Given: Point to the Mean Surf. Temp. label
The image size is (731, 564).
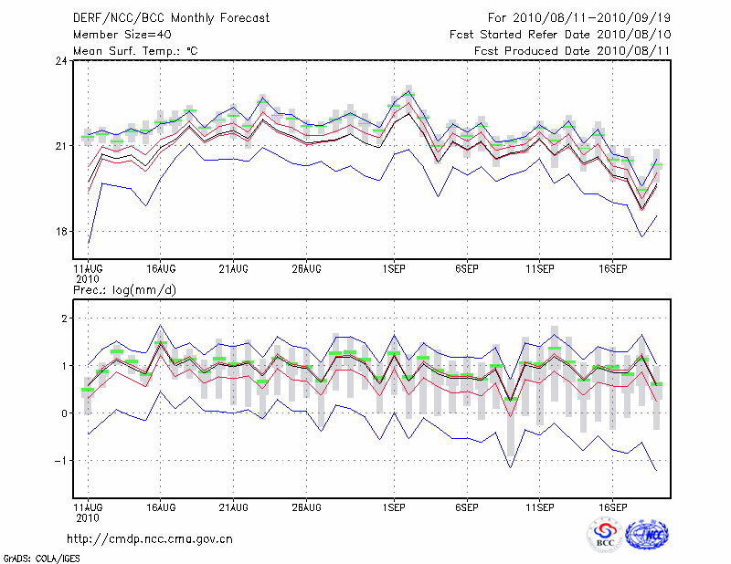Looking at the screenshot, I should [135, 51].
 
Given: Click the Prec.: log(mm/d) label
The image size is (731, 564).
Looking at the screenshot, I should [125, 289].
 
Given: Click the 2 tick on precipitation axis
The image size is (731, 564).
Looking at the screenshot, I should [62, 319].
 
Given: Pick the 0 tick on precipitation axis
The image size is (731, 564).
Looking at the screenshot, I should [62, 413].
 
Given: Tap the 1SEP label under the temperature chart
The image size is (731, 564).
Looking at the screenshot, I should [394, 269].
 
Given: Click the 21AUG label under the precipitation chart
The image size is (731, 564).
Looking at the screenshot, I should [233, 505].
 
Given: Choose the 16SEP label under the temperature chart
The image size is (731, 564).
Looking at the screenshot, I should [613, 269].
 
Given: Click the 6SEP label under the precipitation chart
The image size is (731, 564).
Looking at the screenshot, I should [467, 505].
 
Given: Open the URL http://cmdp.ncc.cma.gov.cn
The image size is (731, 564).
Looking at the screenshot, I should [150, 538].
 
